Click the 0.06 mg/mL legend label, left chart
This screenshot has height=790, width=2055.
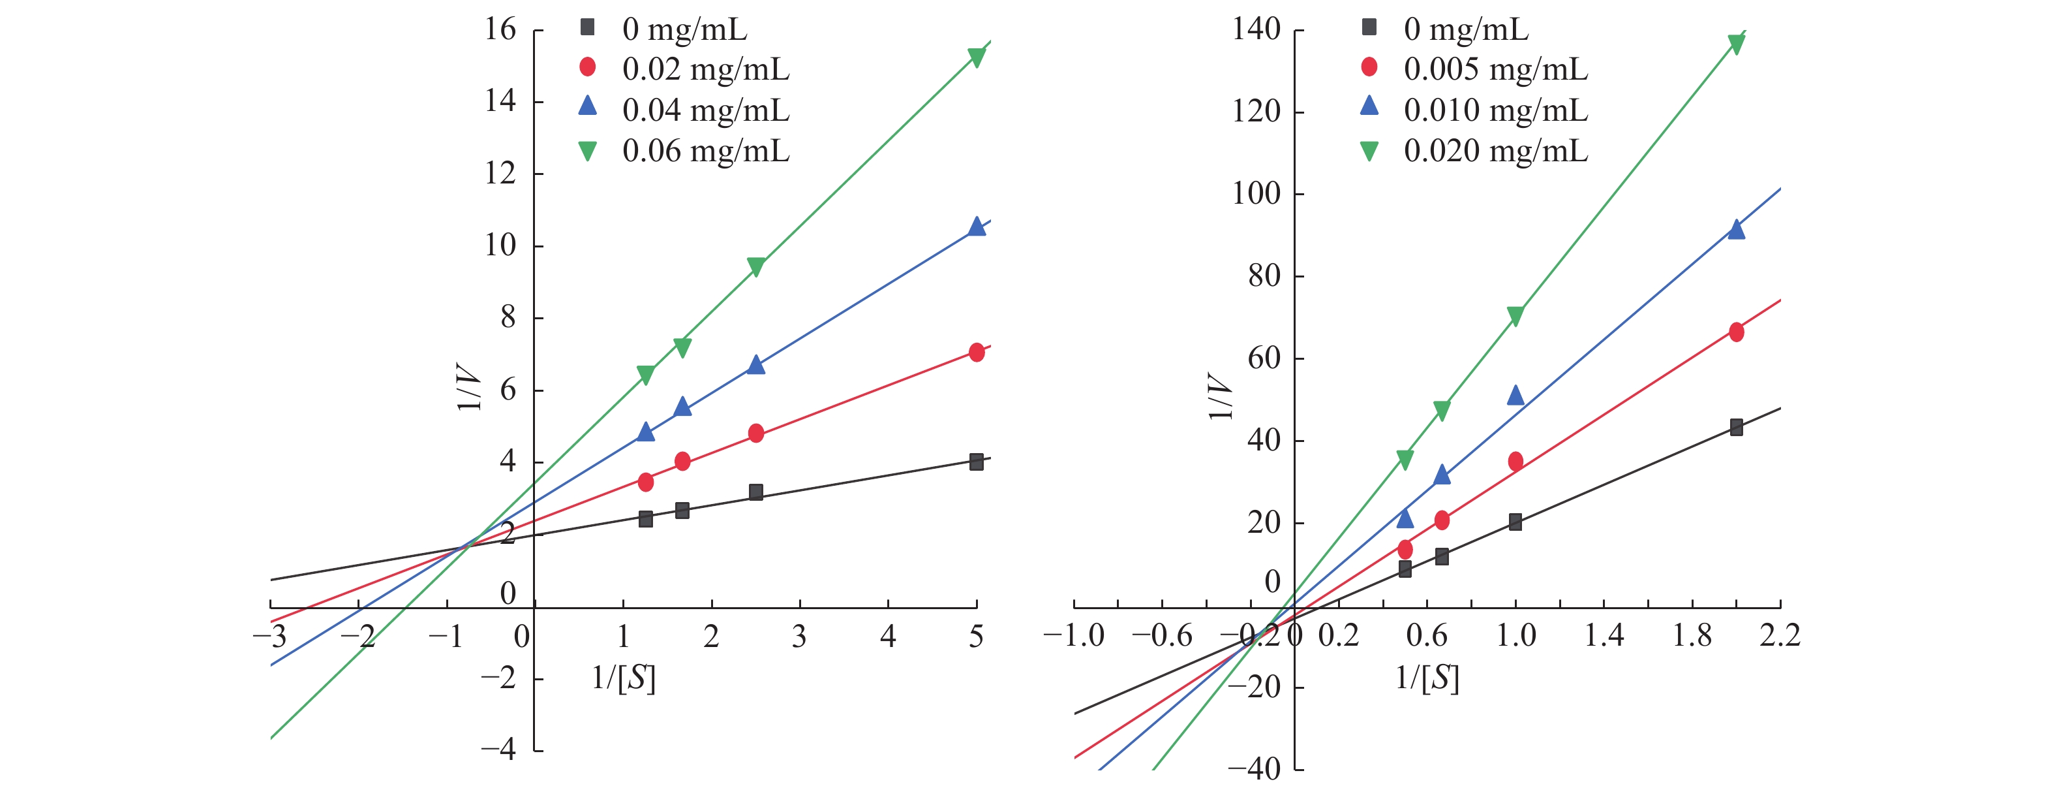click(705, 151)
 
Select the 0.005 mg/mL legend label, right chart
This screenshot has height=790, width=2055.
click(1495, 69)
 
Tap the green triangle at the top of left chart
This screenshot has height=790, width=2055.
click(977, 57)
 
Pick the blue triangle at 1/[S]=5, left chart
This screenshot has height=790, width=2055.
click(977, 227)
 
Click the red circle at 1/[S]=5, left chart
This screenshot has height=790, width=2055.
click(977, 352)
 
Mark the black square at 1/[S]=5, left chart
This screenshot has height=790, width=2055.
click(977, 461)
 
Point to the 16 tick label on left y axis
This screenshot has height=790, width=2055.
click(500, 30)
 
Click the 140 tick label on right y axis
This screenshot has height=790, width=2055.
click(1256, 30)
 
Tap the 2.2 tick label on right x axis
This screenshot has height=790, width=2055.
click(1780, 636)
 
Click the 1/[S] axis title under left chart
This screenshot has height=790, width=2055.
click(623, 678)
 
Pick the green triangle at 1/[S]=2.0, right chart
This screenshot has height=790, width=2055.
click(1736, 44)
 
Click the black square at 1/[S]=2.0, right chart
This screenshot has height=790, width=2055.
click(1736, 427)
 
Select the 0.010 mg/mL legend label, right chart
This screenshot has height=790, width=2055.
click(1495, 110)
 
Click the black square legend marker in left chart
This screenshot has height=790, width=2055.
click(587, 28)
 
